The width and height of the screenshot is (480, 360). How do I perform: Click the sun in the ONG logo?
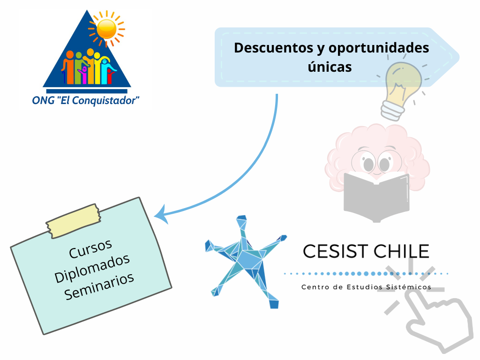(106, 29)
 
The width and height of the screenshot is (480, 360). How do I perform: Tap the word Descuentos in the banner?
(274, 48)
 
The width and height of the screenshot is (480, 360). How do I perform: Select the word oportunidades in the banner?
(379, 48)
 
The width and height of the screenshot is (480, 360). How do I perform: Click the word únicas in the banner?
(330, 67)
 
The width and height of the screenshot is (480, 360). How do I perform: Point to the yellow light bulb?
(401, 89)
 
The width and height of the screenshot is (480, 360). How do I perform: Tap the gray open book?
(376, 196)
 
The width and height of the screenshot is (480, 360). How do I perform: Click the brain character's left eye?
(368, 164)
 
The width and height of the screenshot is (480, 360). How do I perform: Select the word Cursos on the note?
(90, 248)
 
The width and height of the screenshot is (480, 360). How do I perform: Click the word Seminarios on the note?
(99, 286)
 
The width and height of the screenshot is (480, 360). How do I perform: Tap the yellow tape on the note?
(73, 221)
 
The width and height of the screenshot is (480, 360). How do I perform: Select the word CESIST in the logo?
(335, 251)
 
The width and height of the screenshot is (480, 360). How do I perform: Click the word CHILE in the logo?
(402, 251)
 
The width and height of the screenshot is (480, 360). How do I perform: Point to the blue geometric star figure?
(245, 260)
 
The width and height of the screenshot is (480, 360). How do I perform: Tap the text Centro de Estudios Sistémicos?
(366, 287)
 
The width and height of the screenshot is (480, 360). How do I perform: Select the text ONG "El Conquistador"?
(86, 100)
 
